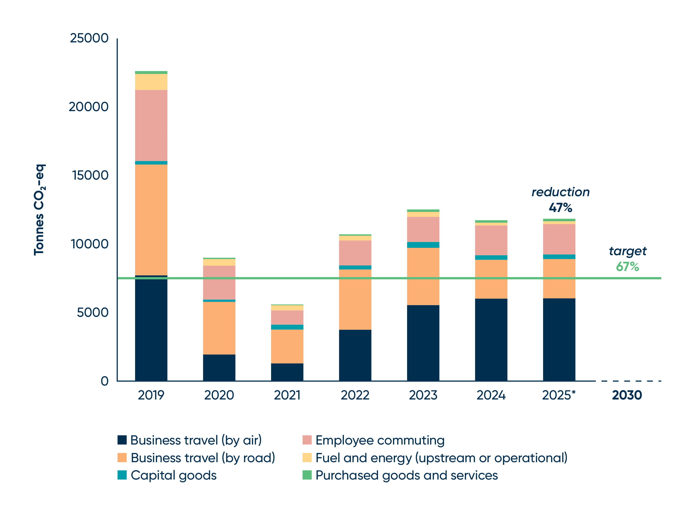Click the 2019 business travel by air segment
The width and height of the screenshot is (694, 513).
151,329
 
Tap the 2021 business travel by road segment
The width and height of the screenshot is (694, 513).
287,346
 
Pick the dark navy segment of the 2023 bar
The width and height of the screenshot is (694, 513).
423,343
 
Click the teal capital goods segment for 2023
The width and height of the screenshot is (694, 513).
423,245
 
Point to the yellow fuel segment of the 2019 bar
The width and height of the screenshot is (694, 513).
151,82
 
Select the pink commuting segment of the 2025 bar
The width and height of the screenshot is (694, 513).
559,239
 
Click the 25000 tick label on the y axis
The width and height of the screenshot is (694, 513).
89,38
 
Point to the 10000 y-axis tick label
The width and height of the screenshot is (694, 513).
90,244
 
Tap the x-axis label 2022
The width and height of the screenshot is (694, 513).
355,395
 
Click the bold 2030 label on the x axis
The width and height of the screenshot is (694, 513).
627,395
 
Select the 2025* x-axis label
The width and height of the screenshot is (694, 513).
559,395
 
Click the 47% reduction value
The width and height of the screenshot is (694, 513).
560,208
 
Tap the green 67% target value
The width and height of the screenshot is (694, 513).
627,267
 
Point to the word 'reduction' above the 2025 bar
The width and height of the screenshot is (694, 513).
561,192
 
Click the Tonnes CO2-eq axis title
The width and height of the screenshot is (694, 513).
39,210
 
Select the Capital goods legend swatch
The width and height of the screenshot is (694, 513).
122,475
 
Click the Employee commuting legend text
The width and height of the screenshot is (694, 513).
380,440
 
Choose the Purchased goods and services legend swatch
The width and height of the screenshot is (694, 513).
307,475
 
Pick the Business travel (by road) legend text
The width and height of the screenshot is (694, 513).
203,458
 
